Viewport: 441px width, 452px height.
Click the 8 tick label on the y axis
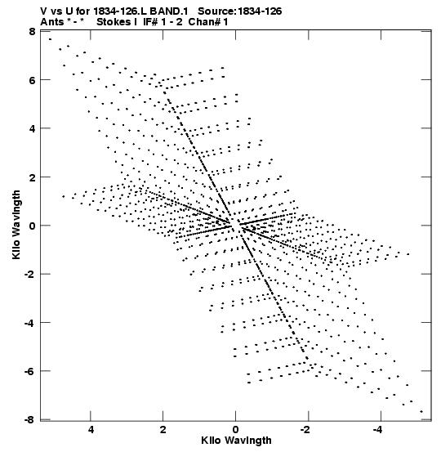pyautogui.click(x=32, y=31)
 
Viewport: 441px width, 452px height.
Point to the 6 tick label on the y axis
pyautogui.click(x=32, y=80)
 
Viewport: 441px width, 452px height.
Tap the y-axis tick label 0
pyautogui.click(x=32, y=226)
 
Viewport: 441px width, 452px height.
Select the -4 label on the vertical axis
pyautogui.click(x=29, y=323)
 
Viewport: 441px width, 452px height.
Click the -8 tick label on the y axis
pyautogui.click(x=29, y=420)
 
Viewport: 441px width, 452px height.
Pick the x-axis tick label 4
pyautogui.click(x=91, y=430)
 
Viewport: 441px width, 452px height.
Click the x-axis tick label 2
pyautogui.click(x=163, y=430)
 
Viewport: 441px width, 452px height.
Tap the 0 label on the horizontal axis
pyautogui.click(x=236, y=430)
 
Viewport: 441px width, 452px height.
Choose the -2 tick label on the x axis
pyautogui.click(x=305, y=430)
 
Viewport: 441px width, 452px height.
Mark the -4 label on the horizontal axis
pyautogui.click(x=378, y=430)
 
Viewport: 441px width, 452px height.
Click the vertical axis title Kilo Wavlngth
pyautogui.click(x=16, y=225)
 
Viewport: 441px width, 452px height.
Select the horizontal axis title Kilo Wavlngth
pyautogui.click(x=236, y=441)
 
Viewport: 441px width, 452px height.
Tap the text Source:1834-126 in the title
pyautogui.click(x=240, y=11)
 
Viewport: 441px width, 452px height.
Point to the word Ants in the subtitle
pyautogui.click(x=52, y=22)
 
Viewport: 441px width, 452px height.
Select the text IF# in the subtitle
pyautogui.click(x=150, y=22)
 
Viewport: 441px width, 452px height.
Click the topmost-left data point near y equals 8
pyautogui.click(x=50, y=39)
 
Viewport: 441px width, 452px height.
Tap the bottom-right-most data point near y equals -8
pyautogui.click(x=421, y=412)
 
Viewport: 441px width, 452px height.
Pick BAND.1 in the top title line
pyautogui.click(x=169, y=11)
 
